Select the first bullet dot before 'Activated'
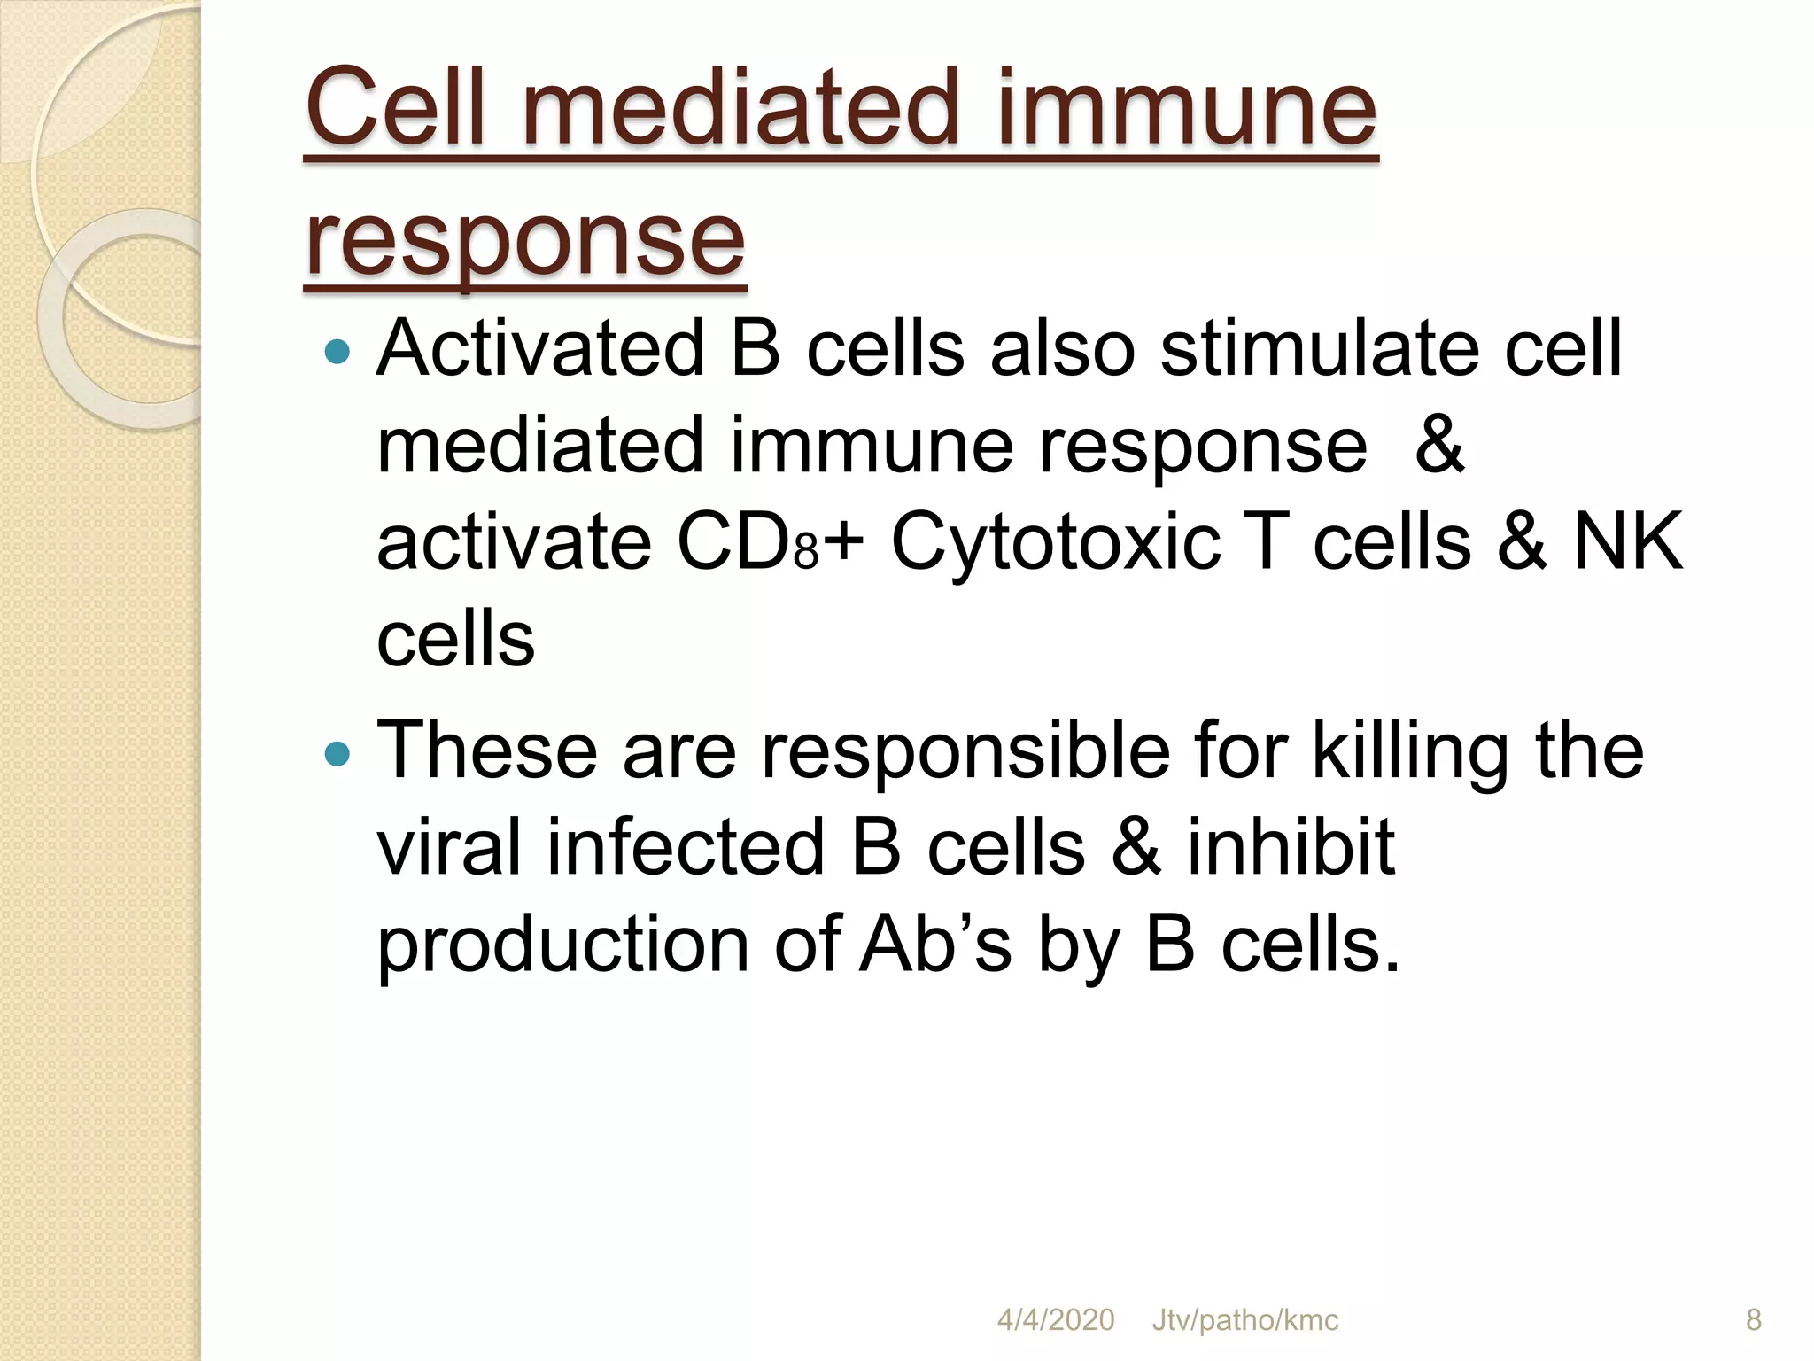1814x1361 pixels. click(x=337, y=353)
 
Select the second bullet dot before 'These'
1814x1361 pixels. click(x=337, y=754)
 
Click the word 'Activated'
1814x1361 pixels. click(x=540, y=348)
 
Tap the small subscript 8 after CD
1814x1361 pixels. click(x=805, y=554)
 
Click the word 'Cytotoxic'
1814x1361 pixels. click(x=1055, y=542)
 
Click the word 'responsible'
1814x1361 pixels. click(x=965, y=751)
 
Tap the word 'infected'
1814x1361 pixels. click(x=686, y=847)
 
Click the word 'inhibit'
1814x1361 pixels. click(x=1291, y=847)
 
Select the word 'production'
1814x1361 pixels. click(x=563, y=946)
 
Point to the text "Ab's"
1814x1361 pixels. click(x=934, y=945)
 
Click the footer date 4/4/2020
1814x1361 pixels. click(x=1055, y=1320)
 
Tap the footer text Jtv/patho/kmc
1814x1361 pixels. click(x=1244, y=1320)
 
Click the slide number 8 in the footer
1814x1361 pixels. click(x=1753, y=1320)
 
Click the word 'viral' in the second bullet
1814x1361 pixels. click(x=449, y=847)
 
